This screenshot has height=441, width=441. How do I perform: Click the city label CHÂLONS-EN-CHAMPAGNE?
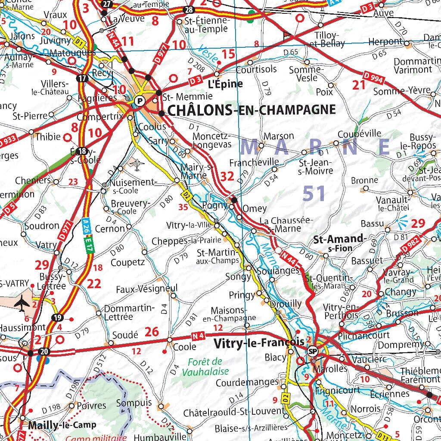click(251, 110)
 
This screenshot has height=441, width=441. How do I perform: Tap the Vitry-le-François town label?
click(258, 343)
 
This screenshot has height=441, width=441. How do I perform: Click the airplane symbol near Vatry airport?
click(21, 303)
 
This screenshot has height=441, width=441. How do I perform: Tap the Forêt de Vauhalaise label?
click(205, 366)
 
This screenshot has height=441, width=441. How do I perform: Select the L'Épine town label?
click(226, 84)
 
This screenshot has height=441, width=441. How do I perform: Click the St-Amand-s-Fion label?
click(339, 243)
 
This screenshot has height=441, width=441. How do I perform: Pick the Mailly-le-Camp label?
click(62, 425)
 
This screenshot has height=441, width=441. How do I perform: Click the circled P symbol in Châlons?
click(139, 101)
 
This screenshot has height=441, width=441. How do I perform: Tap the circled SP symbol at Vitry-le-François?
click(313, 351)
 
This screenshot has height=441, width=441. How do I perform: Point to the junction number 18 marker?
click(81, 151)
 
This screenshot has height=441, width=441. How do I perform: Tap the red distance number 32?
click(227, 176)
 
